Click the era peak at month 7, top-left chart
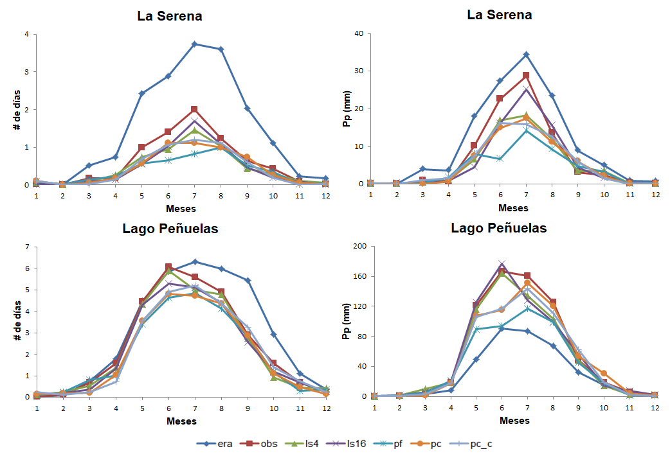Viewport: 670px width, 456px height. pos(194,44)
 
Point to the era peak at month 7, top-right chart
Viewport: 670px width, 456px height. pos(526,54)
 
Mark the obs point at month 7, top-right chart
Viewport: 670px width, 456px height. pos(526,75)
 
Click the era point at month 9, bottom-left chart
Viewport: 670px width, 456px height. pos(248,281)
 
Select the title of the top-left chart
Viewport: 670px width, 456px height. pos(170,16)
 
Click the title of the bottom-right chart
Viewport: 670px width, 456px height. pos(499,228)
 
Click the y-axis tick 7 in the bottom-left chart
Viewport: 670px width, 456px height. pos(26,247)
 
